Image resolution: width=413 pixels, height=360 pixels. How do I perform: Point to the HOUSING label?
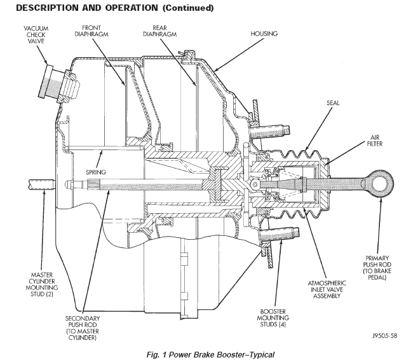coord(264,33)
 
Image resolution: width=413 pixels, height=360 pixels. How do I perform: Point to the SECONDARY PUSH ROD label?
coord(82,328)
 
